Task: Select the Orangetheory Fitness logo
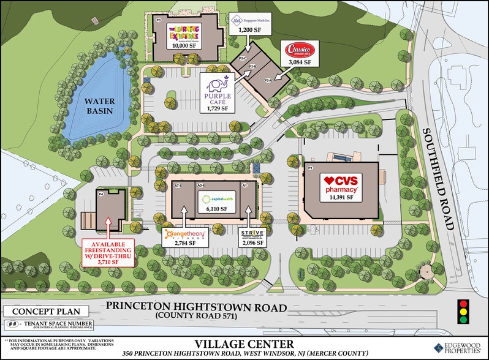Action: [x=185, y=234]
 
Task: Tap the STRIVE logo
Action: [x=252, y=234]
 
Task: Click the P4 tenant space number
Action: [x=100, y=194]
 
